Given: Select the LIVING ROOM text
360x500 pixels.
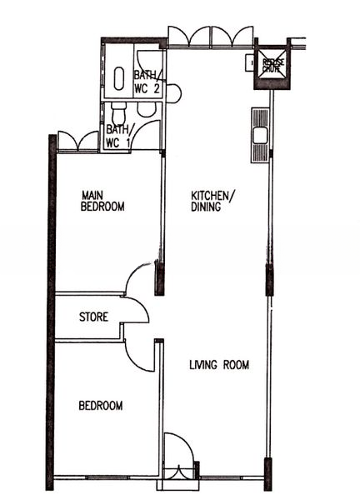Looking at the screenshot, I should point(218,365).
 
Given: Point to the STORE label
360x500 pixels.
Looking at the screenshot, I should point(92,317).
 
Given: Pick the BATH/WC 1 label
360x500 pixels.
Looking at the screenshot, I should point(117,136).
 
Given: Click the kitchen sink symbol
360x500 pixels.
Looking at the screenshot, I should point(257,134).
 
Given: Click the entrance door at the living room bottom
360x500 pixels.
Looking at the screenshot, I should point(178,457).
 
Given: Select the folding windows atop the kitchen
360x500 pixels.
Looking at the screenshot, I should point(210,36).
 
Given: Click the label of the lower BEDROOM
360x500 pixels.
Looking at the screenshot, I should point(101,406).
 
